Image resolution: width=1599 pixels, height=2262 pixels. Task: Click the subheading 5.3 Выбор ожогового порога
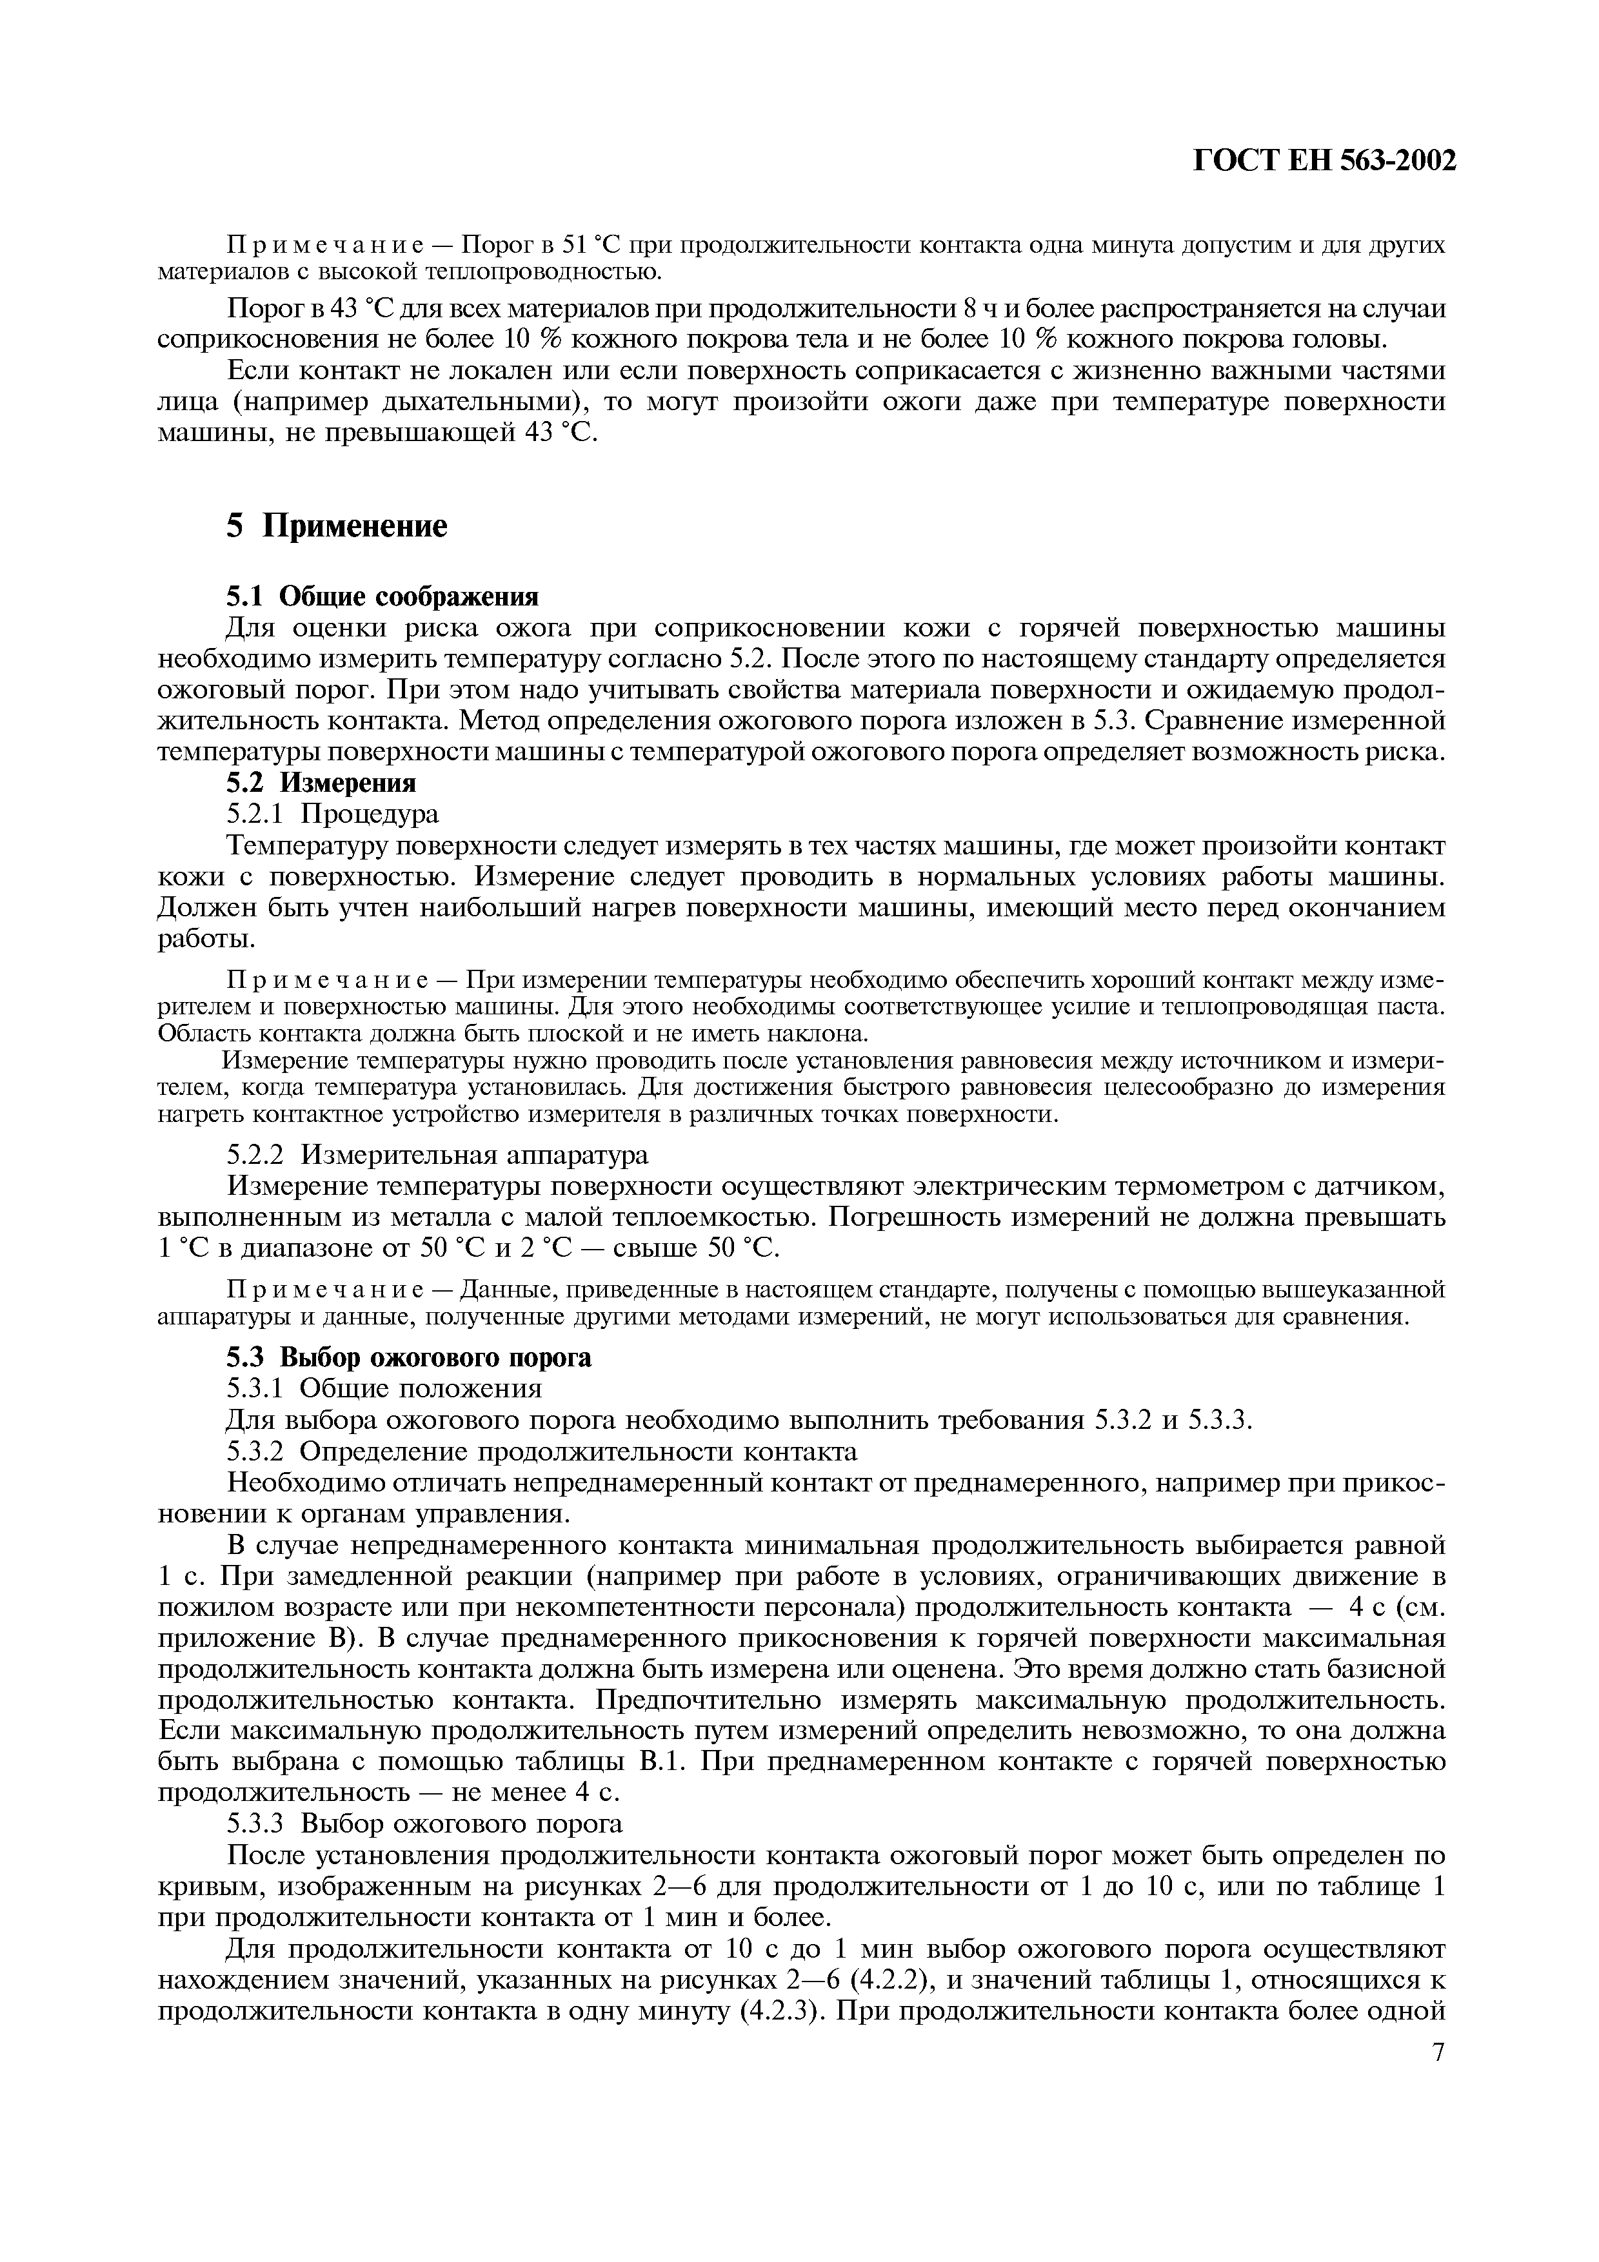click(x=409, y=1357)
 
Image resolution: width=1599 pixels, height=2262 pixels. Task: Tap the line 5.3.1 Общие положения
click(x=384, y=1388)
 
